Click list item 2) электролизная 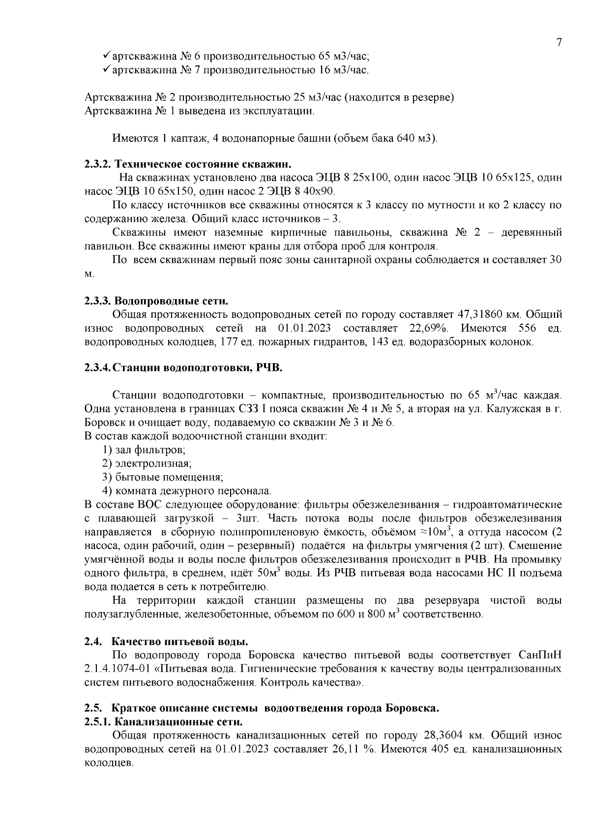tap(147, 463)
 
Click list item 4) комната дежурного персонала tap(186, 491)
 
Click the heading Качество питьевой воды tap(180, 642)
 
